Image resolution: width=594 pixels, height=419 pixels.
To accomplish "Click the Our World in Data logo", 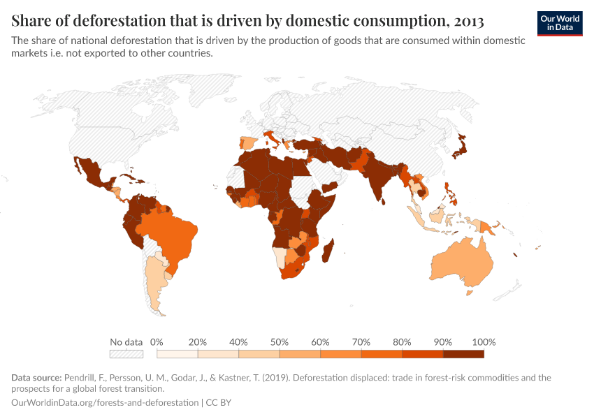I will click(x=559, y=23).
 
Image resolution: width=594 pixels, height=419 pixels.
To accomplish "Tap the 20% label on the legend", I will click(x=198, y=342).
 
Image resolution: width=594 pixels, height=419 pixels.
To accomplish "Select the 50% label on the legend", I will click(x=280, y=342).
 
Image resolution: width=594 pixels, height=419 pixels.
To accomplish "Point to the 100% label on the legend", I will click(x=484, y=342).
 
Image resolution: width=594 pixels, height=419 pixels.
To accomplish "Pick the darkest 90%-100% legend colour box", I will click(x=463, y=354).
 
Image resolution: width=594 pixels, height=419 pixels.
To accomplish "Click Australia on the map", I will click(x=461, y=261).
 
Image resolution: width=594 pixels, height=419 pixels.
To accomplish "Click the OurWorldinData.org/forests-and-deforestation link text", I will click(x=105, y=403).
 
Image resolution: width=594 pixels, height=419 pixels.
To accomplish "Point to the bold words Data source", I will click(x=37, y=378).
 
